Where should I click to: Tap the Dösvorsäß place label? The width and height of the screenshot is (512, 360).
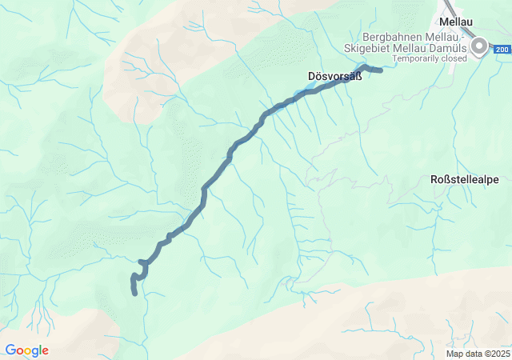[x=334, y=77]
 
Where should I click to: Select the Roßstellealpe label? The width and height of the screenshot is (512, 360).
[x=464, y=179]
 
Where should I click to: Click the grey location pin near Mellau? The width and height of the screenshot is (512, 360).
[x=479, y=46]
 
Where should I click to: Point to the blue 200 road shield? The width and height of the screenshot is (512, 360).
[x=501, y=50]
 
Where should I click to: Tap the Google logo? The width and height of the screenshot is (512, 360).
[x=26, y=350]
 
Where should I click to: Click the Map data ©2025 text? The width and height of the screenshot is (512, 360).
[x=478, y=354]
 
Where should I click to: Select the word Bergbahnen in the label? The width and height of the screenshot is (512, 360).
[x=389, y=38]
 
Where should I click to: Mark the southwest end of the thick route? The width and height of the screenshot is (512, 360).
[x=135, y=293]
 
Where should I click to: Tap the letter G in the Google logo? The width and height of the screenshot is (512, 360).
[x=10, y=350]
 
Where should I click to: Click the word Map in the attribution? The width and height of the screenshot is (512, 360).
[x=454, y=354]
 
